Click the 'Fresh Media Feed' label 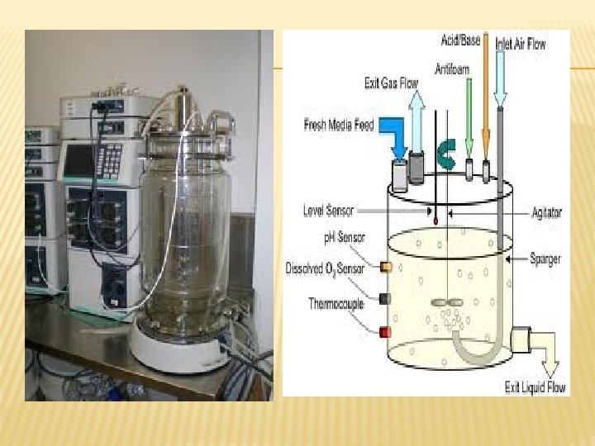(x=340, y=126)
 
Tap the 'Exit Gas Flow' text (x=391, y=83)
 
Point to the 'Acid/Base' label (x=462, y=40)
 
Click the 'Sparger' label (x=545, y=259)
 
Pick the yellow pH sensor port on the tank (x=385, y=267)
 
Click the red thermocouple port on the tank (x=384, y=332)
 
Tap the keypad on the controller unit (x=108, y=160)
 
